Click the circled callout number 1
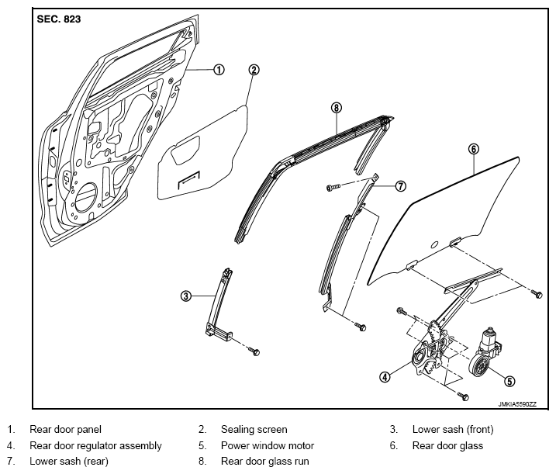219,70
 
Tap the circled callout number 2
254,70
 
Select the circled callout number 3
186,296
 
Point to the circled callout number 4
385,377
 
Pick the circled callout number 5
509,381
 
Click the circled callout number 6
474,149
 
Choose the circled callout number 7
400,185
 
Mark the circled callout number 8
336,107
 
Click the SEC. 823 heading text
58,19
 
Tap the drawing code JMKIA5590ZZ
517,404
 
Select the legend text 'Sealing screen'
254,429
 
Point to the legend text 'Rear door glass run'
265,462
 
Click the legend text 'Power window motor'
268,445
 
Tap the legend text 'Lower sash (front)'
453,429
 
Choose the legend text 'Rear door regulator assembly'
95,445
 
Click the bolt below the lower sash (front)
254,351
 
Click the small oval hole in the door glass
434,244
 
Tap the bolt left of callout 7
333,187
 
